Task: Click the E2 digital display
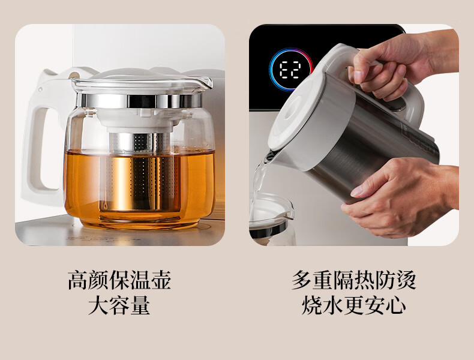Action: click(290, 70)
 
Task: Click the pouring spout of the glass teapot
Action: click(205, 82)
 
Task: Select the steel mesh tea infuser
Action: click(140, 172)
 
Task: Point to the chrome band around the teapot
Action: click(140, 101)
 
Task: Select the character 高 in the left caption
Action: click(77, 281)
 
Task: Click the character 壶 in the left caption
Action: click(161, 281)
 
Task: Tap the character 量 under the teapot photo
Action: click(140, 305)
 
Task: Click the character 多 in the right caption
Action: click(302, 281)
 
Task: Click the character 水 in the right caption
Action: click(333, 305)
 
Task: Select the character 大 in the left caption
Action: click(98, 305)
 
